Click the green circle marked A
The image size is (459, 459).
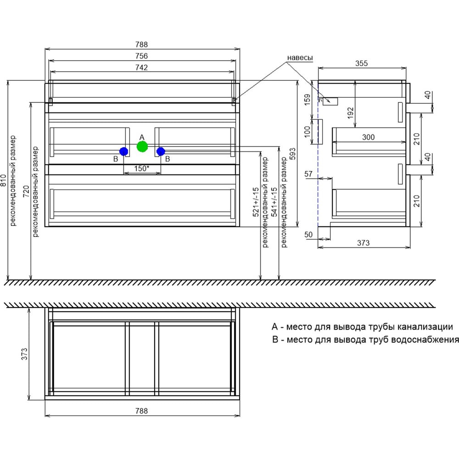pyautogui.click(x=142, y=146)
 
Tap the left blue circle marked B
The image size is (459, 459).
pyautogui.click(x=124, y=151)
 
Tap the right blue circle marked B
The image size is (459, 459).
pyautogui.click(x=161, y=151)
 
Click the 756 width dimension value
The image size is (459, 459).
pyautogui.click(x=141, y=56)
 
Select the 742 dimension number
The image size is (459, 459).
pyautogui.click(x=141, y=67)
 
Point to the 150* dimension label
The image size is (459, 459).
pyautogui.click(x=142, y=168)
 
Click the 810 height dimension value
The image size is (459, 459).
pyautogui.click(x=3, y=180)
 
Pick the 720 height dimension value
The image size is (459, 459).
pyautogui.click(x=26, y=191)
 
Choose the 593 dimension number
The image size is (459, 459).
pyautogui.click(x=292, y=154)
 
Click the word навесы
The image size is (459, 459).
pyautogui.click(x=300, y=58)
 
